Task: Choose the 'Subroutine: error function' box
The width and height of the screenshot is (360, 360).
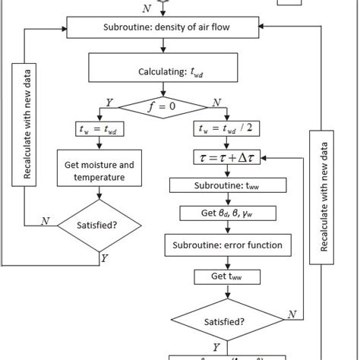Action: (223, 245)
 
